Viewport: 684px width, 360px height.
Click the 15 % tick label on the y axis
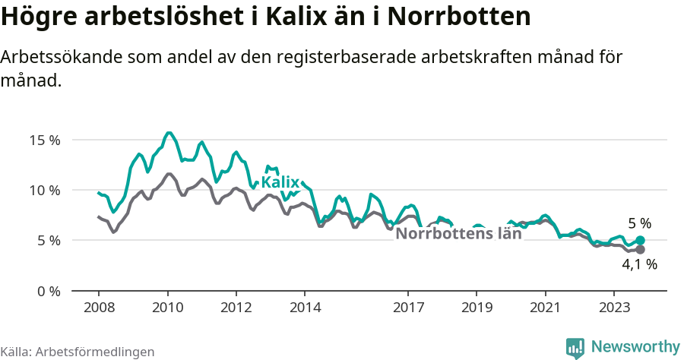(x=45, y=140)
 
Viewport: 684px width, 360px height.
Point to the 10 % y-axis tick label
(x=45, y=190)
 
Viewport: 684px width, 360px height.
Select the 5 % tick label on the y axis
(x=49, y=240)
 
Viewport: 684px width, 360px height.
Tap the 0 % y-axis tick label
(x=49, y=291)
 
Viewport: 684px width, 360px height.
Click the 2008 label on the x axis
(x=99, y=308)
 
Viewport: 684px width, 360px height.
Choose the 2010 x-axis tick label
(x=167, y=308)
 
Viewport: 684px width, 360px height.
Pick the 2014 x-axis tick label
(x=305, y=308)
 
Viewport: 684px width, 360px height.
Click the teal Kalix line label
(x=280, y=182)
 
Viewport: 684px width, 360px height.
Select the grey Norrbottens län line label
(x=459, y=234)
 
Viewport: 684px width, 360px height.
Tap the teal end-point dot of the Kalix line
(x=640, y=241)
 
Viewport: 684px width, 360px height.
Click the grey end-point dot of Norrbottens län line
(x=640, y=250)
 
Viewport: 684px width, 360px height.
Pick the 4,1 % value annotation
(x=639, y=265)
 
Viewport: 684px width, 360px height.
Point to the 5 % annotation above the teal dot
(x=639, y=224)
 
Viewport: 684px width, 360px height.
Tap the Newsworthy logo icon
(x=575, y=348)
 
